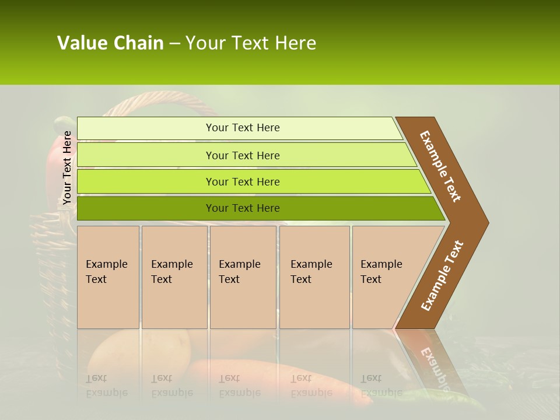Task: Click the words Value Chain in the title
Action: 110,43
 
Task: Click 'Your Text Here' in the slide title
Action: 251,43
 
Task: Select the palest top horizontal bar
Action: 239,128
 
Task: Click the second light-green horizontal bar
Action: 245,155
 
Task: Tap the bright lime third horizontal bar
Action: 251,181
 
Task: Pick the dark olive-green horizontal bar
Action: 257,208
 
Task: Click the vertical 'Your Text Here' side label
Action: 67,168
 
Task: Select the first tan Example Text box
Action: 108,277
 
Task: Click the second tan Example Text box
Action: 174,277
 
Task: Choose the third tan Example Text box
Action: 243,277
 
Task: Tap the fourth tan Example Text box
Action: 314,277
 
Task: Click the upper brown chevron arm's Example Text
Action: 440,166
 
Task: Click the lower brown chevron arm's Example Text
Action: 442,276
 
